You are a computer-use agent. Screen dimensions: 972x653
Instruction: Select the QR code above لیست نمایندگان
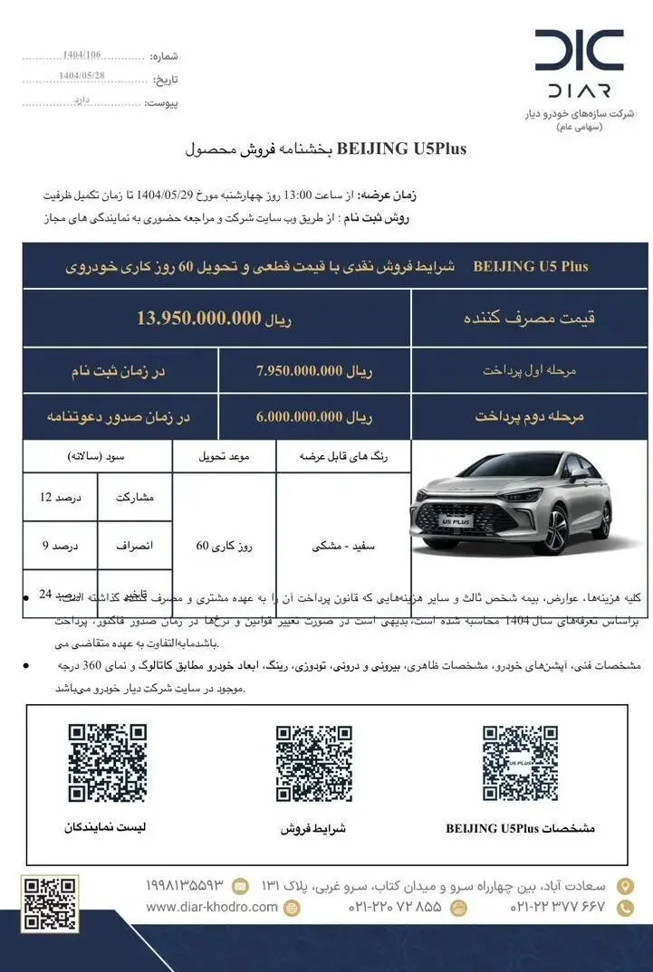click(x=108, y=764)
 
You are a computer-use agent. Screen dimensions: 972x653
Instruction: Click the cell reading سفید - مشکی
click(x=344, y=546)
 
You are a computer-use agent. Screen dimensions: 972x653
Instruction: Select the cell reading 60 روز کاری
click(x=224, y=546)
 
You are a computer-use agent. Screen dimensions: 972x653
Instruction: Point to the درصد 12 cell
click(x=62, y=497)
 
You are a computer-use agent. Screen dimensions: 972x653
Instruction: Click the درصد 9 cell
click(x=62, y=546)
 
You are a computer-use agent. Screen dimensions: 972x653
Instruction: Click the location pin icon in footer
click(x=625, y=885)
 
